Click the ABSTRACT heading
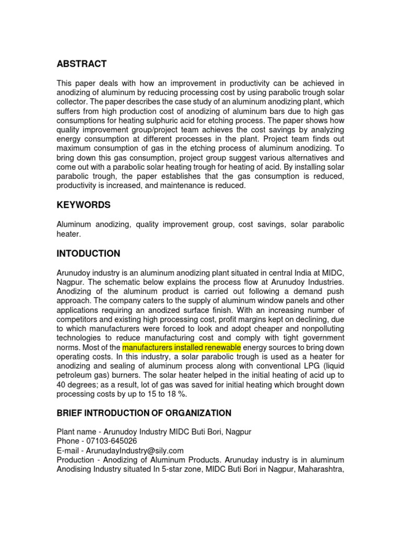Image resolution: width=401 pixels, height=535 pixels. pyautogui.click(x=81, y=64)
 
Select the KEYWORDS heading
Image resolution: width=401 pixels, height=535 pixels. pyautogui.click(x=84, y=205)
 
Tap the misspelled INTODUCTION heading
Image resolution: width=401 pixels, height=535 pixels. pyautogui.click(x=88, y=253)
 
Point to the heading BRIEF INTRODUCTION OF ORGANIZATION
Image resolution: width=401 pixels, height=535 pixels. pyautogui.click(x=144, y=413)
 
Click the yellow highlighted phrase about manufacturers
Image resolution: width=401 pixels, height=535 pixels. pyautogui.click(x=181, y=347)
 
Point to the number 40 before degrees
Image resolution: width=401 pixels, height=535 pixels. pyautogui.click(x=62, y=385)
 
